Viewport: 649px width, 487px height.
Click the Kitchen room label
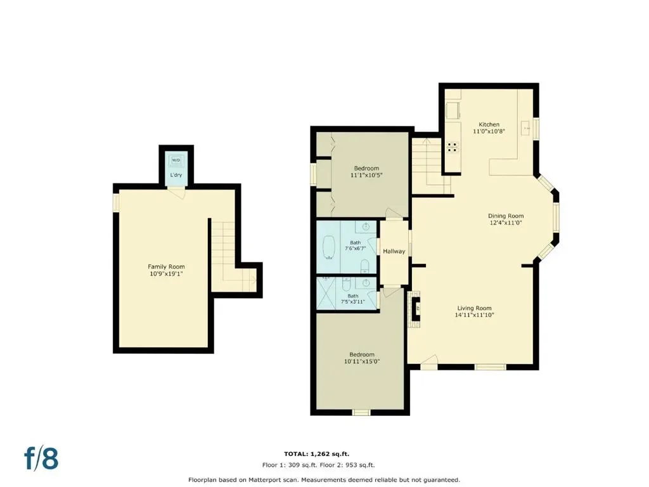[489, 125]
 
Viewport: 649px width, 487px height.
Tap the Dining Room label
[506, 216]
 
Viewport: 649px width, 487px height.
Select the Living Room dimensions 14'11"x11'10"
[474, 315]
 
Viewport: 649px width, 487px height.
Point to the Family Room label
[167, 267]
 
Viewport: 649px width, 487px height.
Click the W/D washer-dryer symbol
[176, 160]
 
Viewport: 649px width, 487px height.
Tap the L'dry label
[176, 175]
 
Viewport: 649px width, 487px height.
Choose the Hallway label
[394, 251]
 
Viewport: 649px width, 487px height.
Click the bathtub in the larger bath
[329, 248]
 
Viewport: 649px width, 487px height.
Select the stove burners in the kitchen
[453, 147]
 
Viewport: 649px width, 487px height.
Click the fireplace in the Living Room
[416, 309]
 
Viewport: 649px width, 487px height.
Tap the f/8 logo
[41, 458]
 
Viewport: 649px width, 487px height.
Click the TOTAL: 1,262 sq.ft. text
[319, 454]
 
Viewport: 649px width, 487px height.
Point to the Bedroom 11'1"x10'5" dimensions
[366, 175]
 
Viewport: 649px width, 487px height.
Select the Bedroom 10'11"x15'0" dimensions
[362, 361]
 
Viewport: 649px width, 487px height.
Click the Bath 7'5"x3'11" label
[352, 299]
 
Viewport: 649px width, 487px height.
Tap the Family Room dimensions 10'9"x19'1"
[167, 274]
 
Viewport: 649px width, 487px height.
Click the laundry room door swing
[177, 193]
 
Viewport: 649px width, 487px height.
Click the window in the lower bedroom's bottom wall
[361, 412]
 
